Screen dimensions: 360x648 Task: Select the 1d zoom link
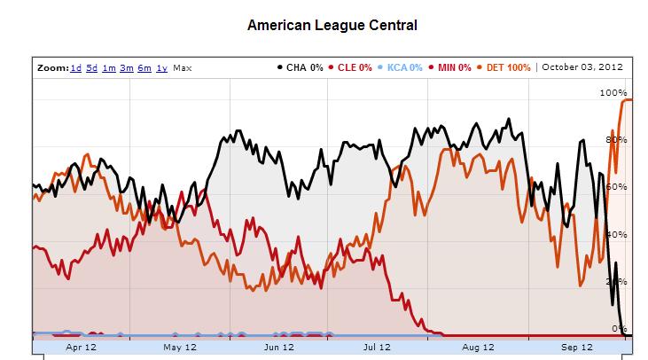tap(76, 67)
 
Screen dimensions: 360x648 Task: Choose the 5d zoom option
tap(92, 67)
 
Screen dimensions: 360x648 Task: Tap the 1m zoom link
tap(109, 67)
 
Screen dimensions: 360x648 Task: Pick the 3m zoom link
tap(127, 67)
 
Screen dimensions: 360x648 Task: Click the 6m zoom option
tap(144, 67)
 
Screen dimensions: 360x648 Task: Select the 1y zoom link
tap(161, 67)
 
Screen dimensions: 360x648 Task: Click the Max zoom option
tap(182, 67)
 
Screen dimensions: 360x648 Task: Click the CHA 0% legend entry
tap(299, 67)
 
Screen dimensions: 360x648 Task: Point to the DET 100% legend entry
tap(505, 67)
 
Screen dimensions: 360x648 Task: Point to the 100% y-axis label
tap(613, 92)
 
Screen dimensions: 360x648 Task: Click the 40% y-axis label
tap(616, 234)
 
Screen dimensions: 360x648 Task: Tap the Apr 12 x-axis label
tap(81, 348)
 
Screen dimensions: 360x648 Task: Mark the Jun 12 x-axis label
tap(279, 348)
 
